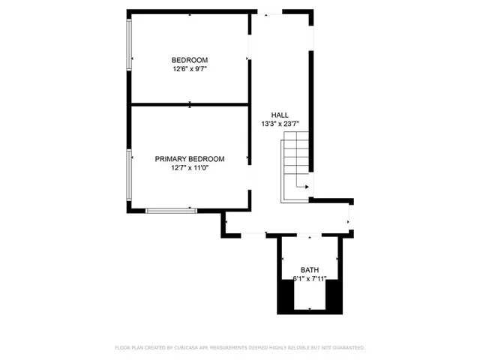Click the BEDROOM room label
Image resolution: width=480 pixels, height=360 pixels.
pos(190,60)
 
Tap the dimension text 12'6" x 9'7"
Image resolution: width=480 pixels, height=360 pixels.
pos(190,69)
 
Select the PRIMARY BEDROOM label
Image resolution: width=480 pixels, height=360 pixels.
pos(190,159)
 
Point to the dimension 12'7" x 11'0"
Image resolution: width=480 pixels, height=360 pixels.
pos(190,168)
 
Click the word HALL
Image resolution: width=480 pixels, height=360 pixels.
pos(280,115)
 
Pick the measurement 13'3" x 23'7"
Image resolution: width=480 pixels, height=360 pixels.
pos(280,124)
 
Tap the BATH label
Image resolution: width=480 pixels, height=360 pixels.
pos(309,270)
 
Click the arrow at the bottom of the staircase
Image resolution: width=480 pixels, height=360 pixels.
pos(301,185)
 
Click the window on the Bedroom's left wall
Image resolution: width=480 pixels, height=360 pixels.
pos(129,45)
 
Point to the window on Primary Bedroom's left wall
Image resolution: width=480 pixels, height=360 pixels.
pos(129,175)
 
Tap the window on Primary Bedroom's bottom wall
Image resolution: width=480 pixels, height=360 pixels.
pos(171,211)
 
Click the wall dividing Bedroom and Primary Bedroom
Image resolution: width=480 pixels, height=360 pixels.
pos(190,104)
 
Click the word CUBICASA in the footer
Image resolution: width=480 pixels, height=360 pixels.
pos(184,348)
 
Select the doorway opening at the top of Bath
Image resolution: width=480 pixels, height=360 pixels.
pos(310,237)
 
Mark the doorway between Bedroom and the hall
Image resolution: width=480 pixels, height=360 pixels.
pos(250,58)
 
